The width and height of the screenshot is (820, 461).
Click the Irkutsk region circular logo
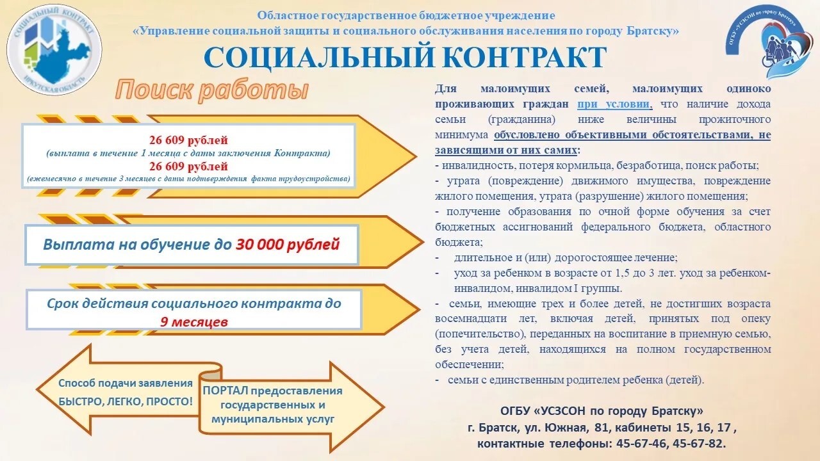pos(54,49)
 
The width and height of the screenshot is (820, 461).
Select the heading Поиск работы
pos(212,90)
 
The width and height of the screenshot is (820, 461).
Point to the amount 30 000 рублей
pos(288,245)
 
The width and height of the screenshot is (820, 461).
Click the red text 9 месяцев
pos(194,322)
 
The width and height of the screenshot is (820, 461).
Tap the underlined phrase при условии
pos(614,104)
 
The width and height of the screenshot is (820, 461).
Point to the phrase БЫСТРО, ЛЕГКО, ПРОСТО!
pos(126,401)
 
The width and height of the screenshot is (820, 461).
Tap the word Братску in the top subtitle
pos(653,31)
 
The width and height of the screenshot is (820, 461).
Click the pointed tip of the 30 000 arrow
pos(423,242)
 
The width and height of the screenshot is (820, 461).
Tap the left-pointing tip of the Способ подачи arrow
pos(37,389)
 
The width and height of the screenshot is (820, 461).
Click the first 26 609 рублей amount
pos(188,140)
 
